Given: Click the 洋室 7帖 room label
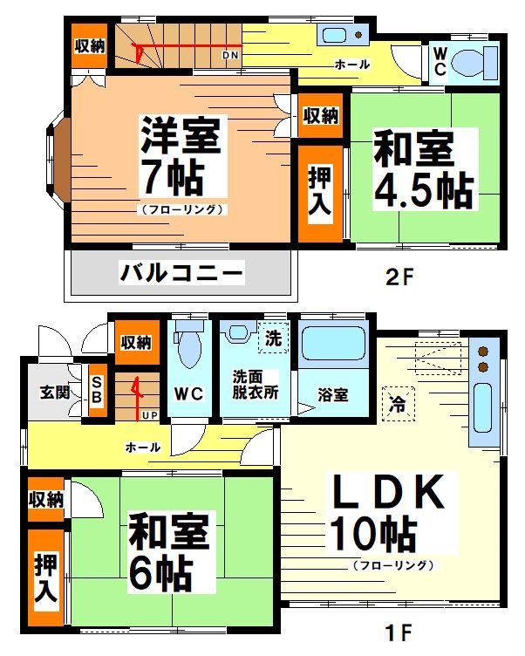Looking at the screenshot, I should (181, 157).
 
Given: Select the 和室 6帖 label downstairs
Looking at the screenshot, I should (171, 551).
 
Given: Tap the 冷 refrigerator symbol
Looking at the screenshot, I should (399, 402).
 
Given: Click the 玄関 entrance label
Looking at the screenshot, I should (53, 392).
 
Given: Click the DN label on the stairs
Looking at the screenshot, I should (230, 56).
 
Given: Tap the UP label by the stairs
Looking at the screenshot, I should (150, 414).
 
